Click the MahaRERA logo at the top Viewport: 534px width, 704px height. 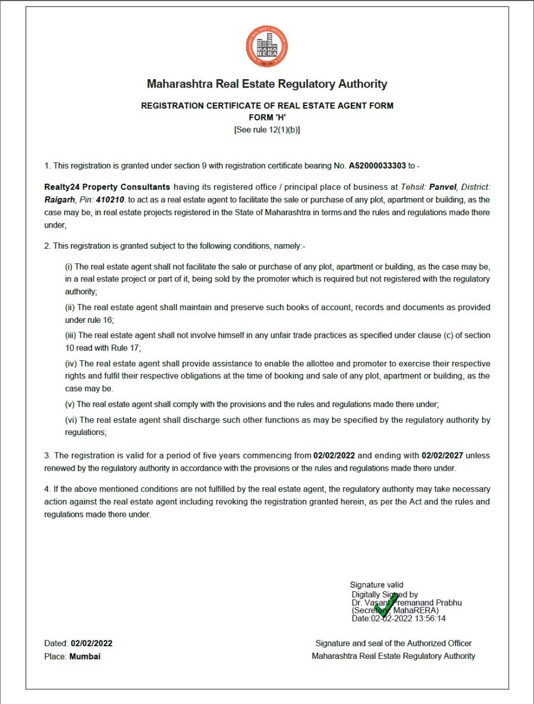click(x=267, y=47)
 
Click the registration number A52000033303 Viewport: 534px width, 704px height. click(x=377, y=166)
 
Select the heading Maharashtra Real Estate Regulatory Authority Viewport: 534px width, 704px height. click(x=267, y=84)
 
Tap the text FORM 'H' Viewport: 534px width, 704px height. click(x=267, y=117)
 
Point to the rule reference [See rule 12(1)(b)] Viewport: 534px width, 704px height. click(x=267, y=130)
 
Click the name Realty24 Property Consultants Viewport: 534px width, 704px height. click(x=107, y=187)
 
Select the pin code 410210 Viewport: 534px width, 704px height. click(x=110, y=200)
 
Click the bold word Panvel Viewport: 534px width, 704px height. click(x=443, y=187)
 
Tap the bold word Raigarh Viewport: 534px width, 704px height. click(x=59, y=200)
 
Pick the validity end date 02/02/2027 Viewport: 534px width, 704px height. click(x=442, y=455)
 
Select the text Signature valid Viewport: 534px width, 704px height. click(x=377, y=585)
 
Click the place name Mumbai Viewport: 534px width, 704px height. click(x=85, y=656)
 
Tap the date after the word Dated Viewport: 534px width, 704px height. click(x=91, y=643)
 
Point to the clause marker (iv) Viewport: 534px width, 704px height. click(x=71, y=364)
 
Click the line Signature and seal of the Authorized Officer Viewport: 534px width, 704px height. click(x=393, y=643)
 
